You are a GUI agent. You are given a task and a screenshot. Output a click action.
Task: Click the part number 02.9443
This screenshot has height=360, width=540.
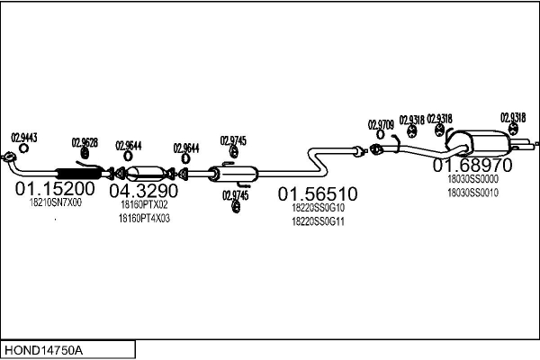coord(24,137)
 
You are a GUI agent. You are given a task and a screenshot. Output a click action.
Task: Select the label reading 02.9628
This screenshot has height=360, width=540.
coord(85,141)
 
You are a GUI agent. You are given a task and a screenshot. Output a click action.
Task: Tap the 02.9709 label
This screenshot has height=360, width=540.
coord(381,123)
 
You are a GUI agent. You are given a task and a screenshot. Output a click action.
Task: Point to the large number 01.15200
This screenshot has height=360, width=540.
coord(55,189)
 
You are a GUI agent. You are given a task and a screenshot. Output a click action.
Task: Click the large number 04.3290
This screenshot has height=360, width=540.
coord(144,191)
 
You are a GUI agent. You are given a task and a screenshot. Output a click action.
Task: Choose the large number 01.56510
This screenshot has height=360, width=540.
coord(318,193)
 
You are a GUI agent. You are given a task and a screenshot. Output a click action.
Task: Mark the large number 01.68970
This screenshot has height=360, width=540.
coord(472,166)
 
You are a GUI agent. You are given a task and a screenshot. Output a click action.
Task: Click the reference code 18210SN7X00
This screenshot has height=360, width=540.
coord(55,203)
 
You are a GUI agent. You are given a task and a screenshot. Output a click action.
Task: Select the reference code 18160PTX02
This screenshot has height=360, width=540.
coord(144,205)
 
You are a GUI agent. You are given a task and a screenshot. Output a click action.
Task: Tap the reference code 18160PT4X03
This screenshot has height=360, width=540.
coord(144,219)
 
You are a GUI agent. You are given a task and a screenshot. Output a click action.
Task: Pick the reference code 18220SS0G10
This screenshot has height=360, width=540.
coord(318,208)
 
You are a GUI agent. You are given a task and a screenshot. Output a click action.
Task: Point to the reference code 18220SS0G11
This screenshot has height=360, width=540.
coord(318,221)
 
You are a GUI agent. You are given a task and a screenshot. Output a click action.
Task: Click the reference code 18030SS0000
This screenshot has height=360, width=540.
coord(472,179)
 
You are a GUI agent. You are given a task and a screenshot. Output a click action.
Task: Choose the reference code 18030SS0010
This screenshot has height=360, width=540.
coord(472,193)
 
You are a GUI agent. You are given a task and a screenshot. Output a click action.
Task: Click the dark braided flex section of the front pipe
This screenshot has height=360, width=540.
coord(81,172)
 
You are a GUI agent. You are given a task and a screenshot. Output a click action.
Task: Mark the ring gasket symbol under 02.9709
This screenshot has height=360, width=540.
coord(376,136)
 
